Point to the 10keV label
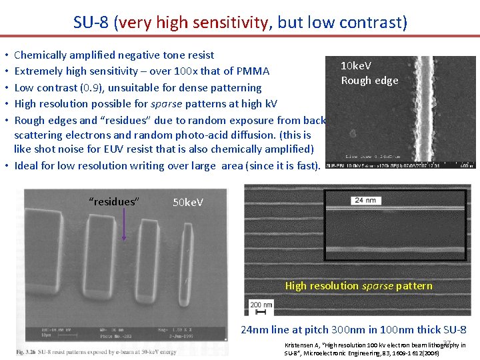click(356, 66)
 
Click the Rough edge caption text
click(369, 81)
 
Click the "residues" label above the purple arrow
click(114, 201)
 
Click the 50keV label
click(188, 201)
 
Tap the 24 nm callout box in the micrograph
click(366, 199)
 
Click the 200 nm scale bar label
click(261, 304)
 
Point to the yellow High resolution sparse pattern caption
click(359, 286)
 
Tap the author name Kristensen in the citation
click(299, 345)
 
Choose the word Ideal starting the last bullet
click(27, 165)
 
